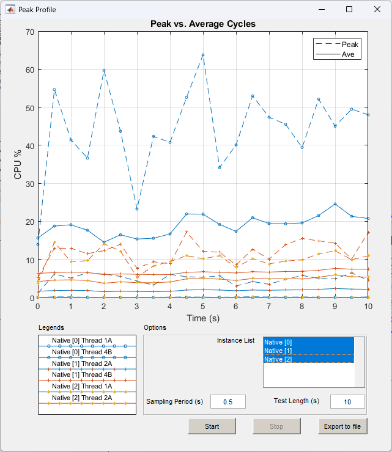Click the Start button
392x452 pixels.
[212, 426]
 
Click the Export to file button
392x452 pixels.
[342, 426]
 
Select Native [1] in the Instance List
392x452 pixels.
[309, 351]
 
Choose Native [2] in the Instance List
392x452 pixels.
[309, 359]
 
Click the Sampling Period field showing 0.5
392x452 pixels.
[227, 401]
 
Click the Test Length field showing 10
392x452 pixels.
[347, 401]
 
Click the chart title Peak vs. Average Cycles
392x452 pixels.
[203, 24]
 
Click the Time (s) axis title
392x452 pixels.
[203, 318]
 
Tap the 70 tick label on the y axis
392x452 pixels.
[28, 31]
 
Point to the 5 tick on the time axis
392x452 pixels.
[203, 306]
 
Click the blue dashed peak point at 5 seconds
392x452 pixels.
[203, 55]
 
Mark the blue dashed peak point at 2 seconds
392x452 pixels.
[104, 70]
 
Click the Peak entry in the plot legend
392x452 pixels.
[350, 45]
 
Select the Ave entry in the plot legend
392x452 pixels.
[347, 54]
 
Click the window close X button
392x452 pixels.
[377, 9]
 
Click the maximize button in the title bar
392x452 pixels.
[349, 9]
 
